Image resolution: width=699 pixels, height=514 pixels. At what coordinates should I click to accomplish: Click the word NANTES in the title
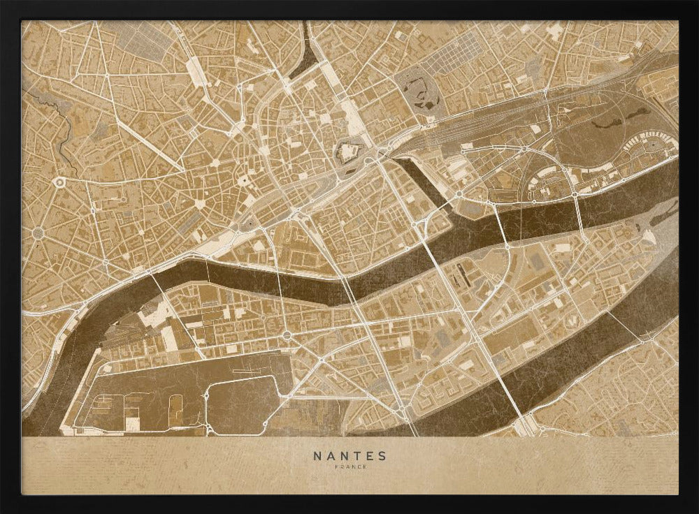[x=349, y=456]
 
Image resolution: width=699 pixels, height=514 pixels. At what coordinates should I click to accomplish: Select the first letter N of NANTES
[x=317, y=456]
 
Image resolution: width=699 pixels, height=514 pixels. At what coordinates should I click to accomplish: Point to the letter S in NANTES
[x=382, y=456]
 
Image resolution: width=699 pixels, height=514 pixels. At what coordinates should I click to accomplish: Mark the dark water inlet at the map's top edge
[x=305, y=52]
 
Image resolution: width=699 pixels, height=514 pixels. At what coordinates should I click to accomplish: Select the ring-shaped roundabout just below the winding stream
[x=58, y=182]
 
